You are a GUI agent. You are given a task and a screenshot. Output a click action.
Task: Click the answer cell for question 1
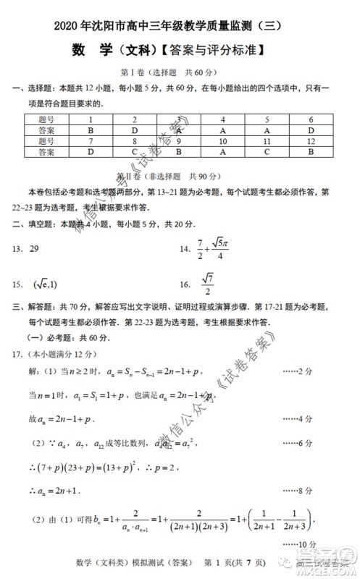tap(91, 131)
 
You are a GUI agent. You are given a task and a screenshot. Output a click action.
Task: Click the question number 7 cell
tap(91, 142)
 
